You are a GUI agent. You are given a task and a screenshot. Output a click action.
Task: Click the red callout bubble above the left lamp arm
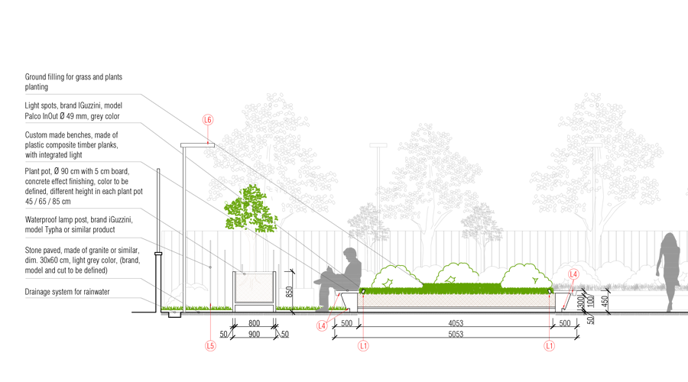click(208, 119)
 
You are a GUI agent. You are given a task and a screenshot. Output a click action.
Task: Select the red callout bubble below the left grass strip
click(210, 346)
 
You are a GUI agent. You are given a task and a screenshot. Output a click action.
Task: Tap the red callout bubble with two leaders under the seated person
click(322, 326)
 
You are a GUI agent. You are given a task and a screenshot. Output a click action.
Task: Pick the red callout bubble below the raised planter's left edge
click(363, 346)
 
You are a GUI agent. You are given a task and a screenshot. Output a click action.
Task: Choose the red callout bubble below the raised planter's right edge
click(549, 346)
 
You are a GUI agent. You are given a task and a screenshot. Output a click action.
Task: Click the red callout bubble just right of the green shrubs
click(573, 274)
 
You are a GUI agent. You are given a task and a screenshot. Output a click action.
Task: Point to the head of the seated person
click(350, 254)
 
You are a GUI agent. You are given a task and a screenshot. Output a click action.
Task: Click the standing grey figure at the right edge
click(670, 267)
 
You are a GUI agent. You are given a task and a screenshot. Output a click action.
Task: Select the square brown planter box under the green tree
click(254, 288)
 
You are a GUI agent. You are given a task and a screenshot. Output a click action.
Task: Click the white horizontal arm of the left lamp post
click(197, 145)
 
